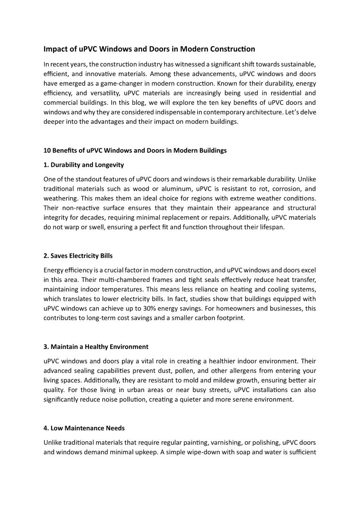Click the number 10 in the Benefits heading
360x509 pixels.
coord(47,150)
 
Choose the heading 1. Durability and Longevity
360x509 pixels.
coord(83,165)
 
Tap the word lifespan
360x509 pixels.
coord(271,227)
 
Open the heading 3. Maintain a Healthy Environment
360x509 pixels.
coord(96,347)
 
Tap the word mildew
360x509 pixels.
coord(201,380)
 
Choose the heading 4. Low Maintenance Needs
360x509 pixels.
coord(84,428)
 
